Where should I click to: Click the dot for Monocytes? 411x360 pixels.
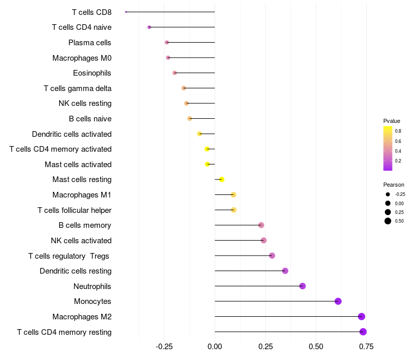tap(338, 301)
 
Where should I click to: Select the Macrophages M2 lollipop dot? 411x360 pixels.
tap(362, 317)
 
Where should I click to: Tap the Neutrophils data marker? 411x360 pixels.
tap(303, 286)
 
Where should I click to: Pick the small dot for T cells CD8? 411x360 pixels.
tap(126, 12)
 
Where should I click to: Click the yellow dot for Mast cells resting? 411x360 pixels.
tap(222, 179)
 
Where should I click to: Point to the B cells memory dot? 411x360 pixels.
tap(261, 225)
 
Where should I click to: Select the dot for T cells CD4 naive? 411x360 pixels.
tap(149, 27)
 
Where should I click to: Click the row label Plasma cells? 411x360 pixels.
tap(90, 43)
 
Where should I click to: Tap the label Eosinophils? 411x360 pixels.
tap(92, 73)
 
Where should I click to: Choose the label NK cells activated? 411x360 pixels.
tap(81, 241)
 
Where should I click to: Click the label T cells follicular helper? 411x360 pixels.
tap(74, 210)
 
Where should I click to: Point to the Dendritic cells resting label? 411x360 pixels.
tap(76, 271)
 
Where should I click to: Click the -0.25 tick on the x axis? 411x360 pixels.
tap(164, 347)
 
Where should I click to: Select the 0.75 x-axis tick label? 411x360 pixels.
tap(366, 347)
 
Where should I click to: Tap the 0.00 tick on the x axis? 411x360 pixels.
tap(215, 347)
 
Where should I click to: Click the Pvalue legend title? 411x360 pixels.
tap(391, 121)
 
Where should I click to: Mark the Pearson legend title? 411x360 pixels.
tap(394, 185)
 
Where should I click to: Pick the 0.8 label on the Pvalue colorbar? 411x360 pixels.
tap(398, 131)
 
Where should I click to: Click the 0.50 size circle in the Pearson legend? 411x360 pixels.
tap(388, 221)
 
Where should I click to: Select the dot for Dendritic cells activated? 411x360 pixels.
tap(200, 134)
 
